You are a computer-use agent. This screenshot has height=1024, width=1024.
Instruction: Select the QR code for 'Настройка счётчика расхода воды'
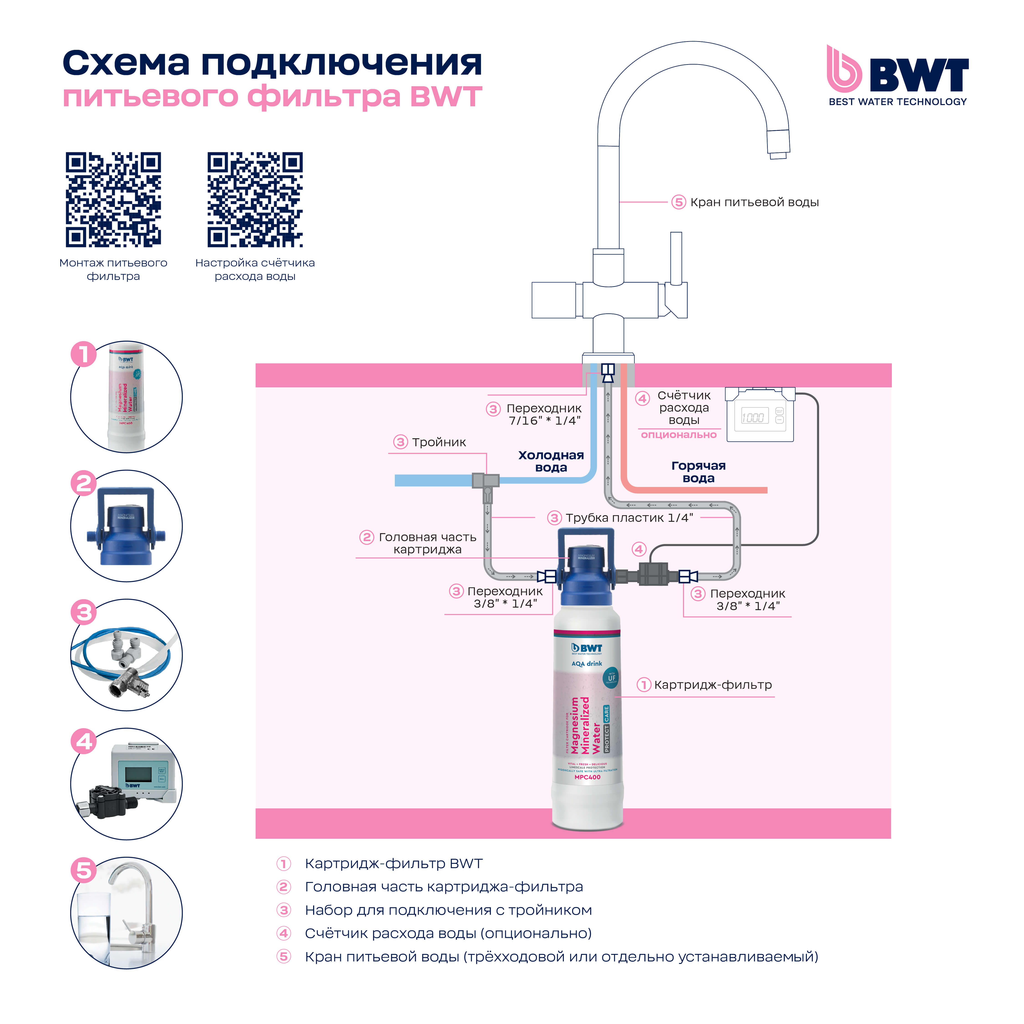255,200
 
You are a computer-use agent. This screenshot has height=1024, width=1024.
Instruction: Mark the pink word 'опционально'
678,435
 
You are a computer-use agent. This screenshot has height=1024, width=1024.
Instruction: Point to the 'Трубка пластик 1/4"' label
629,518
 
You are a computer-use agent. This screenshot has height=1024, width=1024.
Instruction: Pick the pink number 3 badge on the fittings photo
84,613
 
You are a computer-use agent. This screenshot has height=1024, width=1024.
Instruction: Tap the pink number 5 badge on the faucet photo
84,870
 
